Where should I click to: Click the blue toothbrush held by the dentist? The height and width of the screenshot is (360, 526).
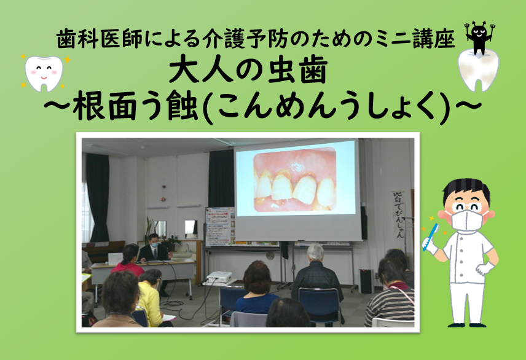430,237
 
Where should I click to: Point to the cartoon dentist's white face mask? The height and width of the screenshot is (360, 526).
466,219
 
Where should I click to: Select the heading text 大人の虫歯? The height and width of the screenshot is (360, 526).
248,71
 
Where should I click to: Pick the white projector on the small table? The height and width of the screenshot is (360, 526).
219,277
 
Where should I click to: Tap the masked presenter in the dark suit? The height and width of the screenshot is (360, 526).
153,249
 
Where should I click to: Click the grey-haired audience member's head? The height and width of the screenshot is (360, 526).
315,252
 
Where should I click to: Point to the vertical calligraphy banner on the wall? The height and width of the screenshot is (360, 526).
399,214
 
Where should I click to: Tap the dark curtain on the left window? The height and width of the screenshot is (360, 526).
98,197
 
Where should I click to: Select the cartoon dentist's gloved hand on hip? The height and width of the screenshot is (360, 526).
484,268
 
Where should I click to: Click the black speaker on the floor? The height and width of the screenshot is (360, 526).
366,281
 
